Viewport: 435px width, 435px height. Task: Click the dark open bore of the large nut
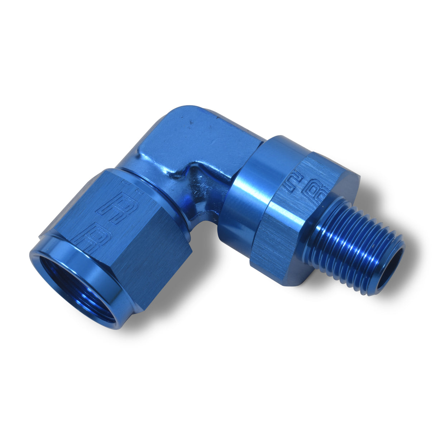(68, 283)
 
